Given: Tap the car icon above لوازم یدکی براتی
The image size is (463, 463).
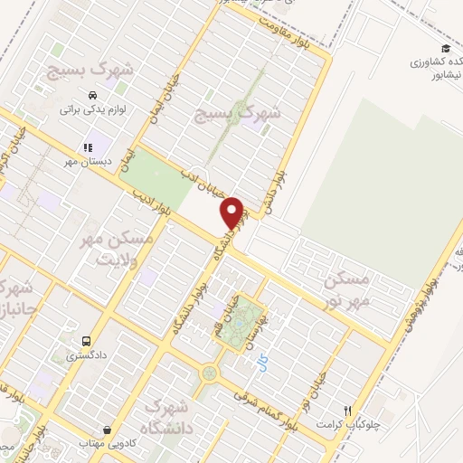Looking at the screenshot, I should coord(91,95).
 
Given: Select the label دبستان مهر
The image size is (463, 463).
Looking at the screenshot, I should coord(86,162).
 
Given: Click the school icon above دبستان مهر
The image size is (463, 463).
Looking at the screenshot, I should coord(88,147).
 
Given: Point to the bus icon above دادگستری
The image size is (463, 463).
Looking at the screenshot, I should coord(86,342).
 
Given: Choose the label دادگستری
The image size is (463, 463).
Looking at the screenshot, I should coord(86,356).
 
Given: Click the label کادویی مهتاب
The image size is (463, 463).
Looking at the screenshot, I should coord(109,443).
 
